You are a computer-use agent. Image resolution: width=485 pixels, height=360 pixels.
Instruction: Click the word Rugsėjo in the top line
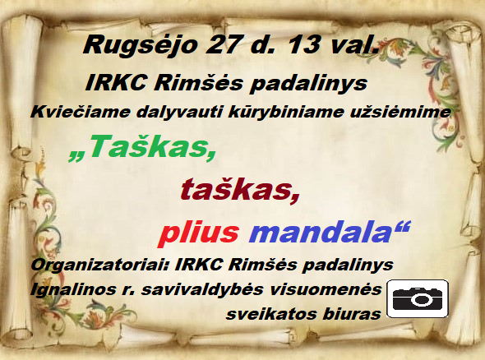(x=140, y=46)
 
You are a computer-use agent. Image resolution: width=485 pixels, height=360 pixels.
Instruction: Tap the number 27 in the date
(x=221, y=44)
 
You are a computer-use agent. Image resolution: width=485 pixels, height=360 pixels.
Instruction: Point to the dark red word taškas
(x=240, y=189)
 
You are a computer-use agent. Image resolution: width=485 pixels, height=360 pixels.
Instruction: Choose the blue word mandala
(x=321, y=232)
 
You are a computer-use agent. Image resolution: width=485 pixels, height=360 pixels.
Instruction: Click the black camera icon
(x=418, y=298)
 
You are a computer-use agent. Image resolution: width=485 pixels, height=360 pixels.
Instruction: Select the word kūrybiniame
(x=286, y=112)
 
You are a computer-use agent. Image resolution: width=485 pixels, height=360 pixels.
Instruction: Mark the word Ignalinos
(x=72, y=290)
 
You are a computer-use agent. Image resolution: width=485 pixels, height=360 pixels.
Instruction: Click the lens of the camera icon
(x=420, y=299)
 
